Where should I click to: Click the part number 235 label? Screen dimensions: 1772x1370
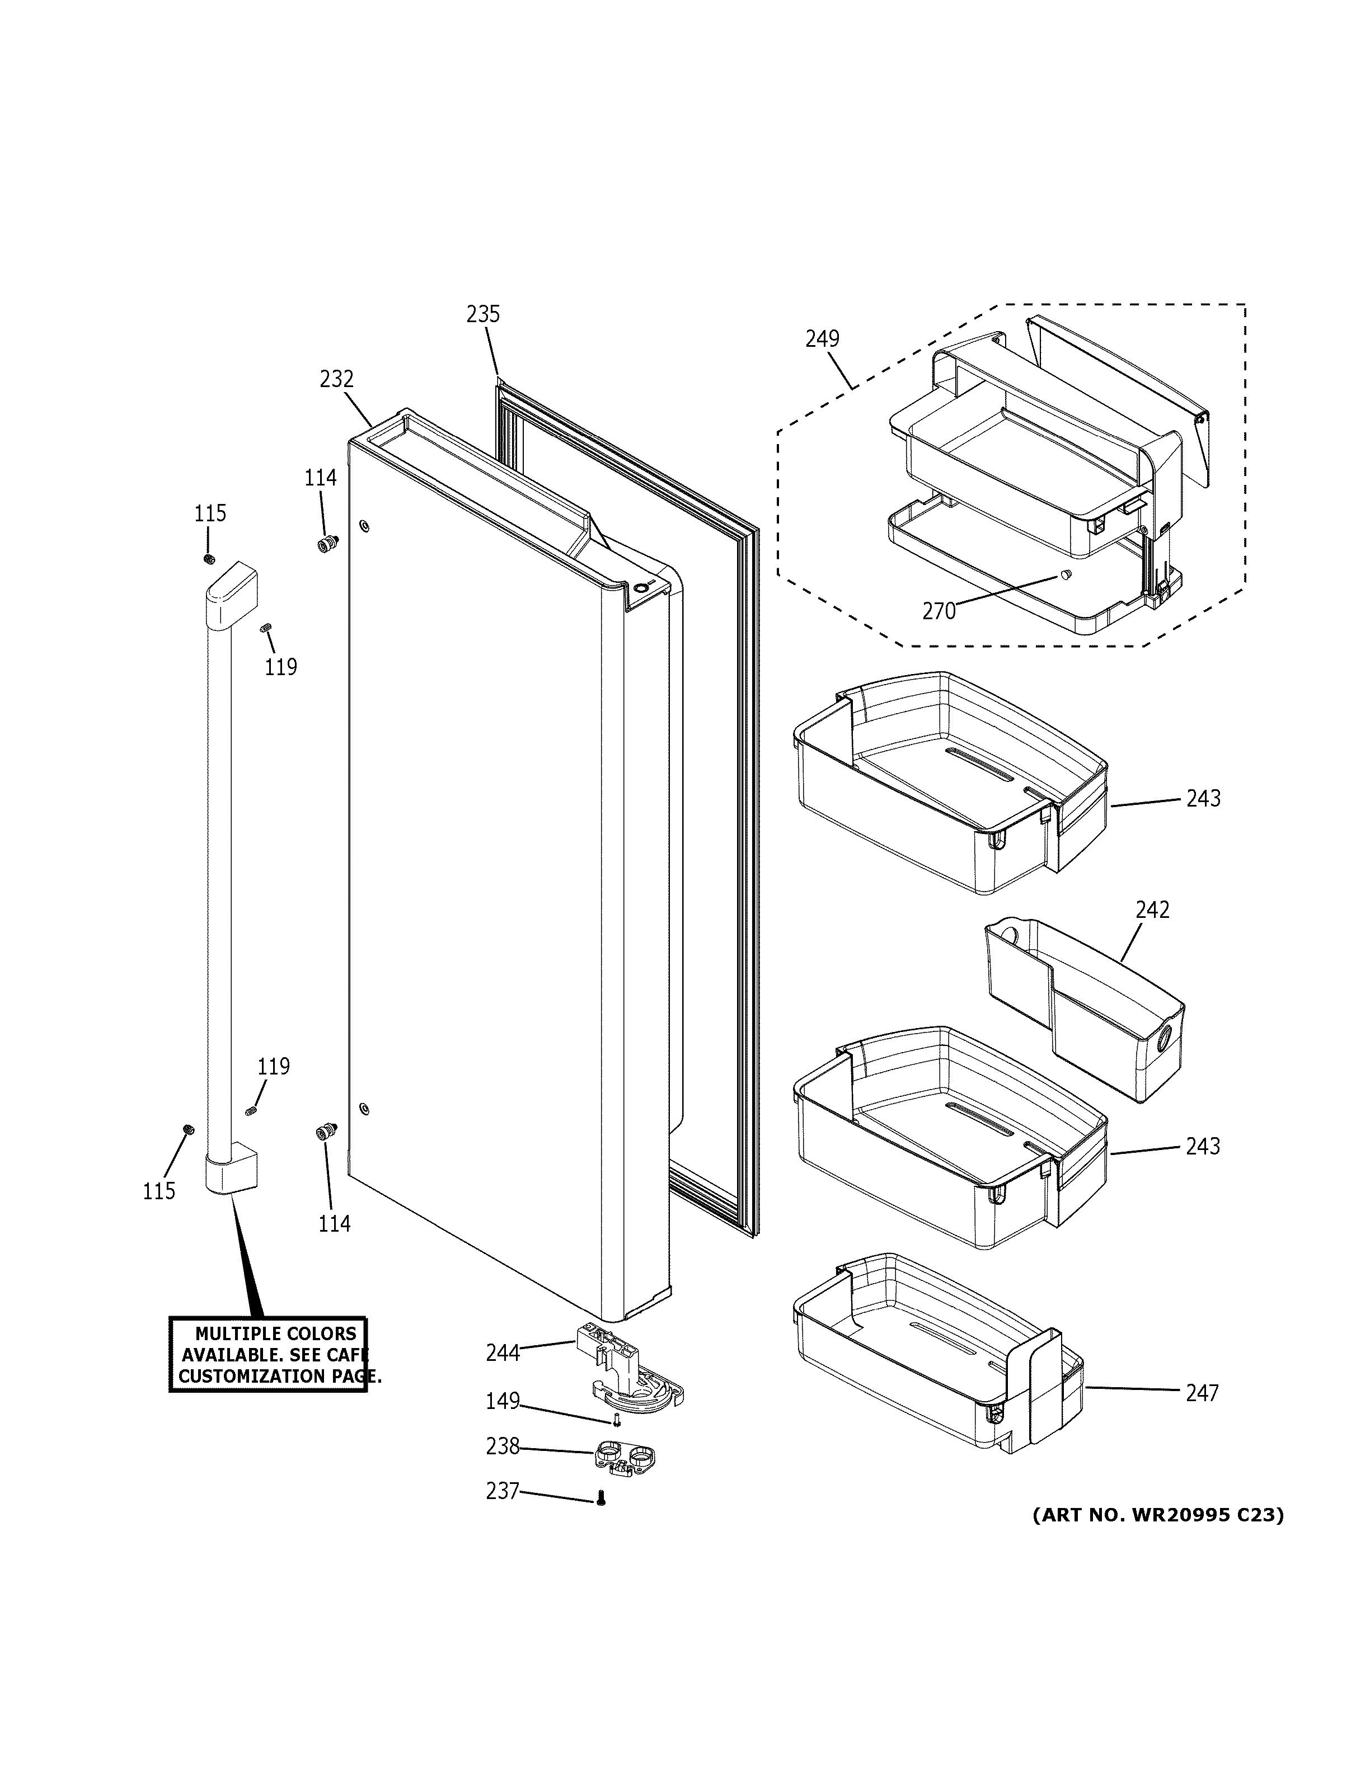point(483,314)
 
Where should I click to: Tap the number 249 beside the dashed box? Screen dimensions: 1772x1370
point(822,338)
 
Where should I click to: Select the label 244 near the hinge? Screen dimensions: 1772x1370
point(503,1352)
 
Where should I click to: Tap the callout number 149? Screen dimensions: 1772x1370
point(503,1401)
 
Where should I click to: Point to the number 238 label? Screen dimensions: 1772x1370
point(503,1446)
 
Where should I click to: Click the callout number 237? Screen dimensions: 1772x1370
point(503,1491)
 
